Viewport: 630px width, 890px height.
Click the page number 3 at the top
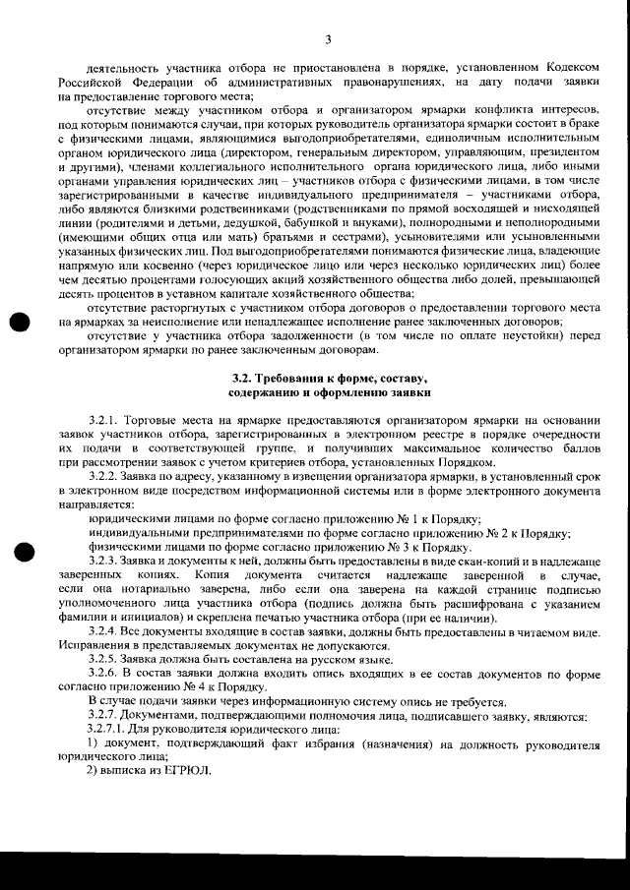328,39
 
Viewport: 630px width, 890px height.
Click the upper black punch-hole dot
19,325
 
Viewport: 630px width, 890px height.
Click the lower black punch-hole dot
19,553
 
